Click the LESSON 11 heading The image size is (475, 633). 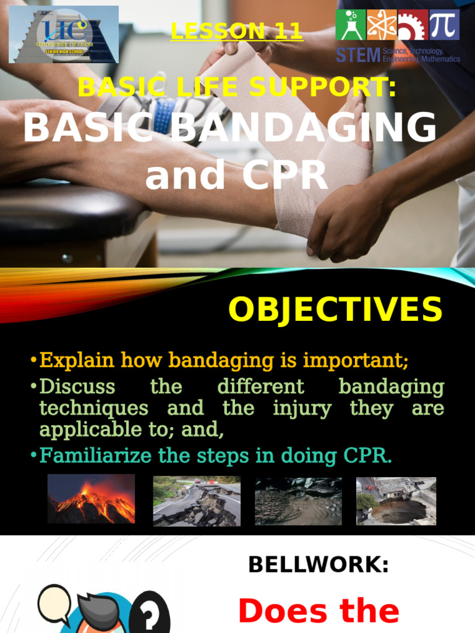click(x=236, y=31)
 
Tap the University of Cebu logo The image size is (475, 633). click(x=64, y=34)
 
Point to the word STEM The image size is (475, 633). click(x=357, y=55)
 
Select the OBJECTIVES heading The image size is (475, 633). click(x=335, y=309)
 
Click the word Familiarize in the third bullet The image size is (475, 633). click(x=95, y=457)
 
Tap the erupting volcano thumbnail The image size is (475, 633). click(x=91, y=499)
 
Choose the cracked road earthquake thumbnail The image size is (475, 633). click(x=197, y=501)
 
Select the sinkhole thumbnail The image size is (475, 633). click(x=396, y=501)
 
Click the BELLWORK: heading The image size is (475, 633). click(x=318, y=564)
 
